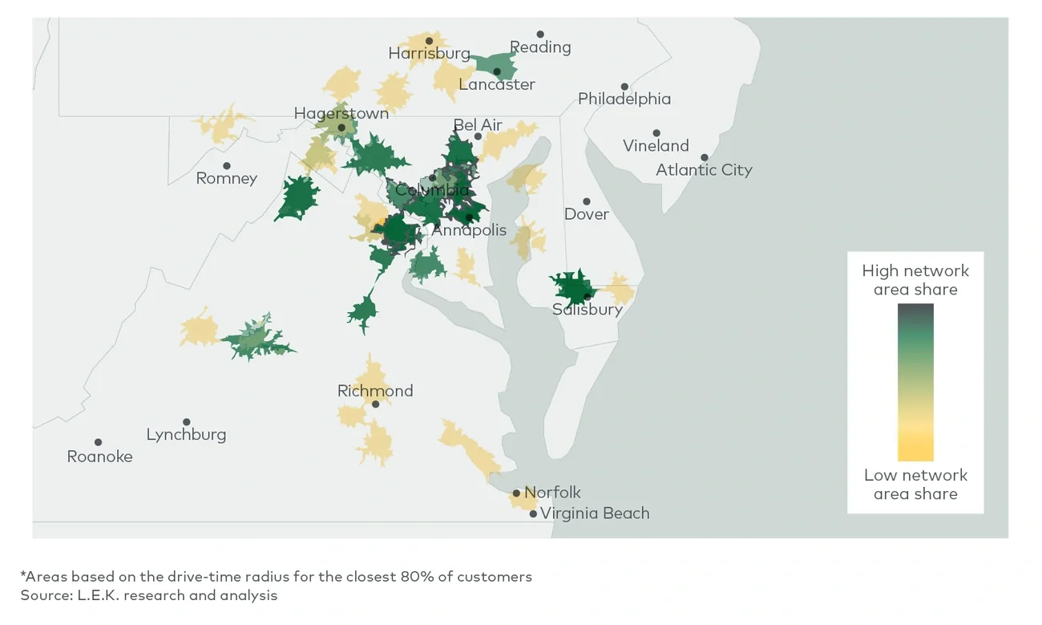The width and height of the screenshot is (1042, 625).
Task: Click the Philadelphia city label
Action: [x=624, y=99]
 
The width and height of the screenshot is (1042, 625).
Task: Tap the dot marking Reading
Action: [x=540, y=34]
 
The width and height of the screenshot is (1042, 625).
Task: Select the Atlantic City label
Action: [x=704, y=170]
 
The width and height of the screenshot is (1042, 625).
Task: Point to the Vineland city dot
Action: [x=656, y=133]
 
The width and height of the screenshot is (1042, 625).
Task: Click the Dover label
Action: [x=586, y=214]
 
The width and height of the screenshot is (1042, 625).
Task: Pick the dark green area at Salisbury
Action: [x=571, y=286]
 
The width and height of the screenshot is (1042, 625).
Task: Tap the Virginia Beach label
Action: [x=595, y=513]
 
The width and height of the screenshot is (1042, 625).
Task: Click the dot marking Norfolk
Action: [x=516, y=493]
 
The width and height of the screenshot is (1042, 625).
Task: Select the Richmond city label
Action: [x=375, y=392]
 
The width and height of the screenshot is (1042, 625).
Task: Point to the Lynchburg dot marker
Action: [x=187, y=422]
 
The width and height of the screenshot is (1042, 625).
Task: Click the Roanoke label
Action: [x=99, y=457]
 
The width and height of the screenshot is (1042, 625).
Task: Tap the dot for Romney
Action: [x=227, y=166]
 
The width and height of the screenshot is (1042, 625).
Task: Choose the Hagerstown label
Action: [x=341, y=113]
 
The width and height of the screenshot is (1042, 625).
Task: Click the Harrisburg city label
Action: [x=429, y=54]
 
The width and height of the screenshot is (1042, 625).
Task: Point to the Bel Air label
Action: [x=478, y=125]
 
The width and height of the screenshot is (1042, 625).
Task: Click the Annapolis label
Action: [x=469, y=230]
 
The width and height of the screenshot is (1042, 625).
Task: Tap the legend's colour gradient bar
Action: [x=915, y=382]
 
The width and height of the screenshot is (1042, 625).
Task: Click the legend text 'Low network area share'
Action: [x=915, y=485]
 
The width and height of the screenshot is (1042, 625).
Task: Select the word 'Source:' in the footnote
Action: [x=46, y=595]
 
